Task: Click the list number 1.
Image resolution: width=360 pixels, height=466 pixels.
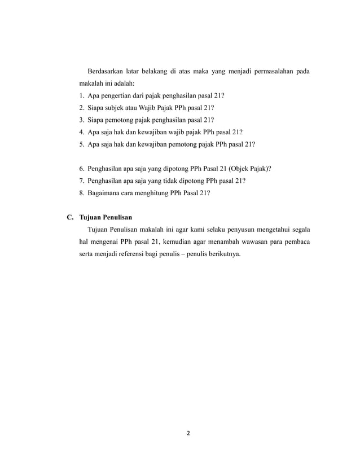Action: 82,95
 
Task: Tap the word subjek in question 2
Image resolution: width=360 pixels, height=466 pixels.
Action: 114,107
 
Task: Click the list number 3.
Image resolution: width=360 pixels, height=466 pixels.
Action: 82,120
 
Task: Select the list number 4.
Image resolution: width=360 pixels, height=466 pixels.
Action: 82,132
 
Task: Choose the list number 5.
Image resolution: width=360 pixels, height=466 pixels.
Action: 82,144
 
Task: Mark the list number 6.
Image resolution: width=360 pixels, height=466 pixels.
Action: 82,169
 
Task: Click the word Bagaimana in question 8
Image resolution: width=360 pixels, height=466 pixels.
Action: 106,194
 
